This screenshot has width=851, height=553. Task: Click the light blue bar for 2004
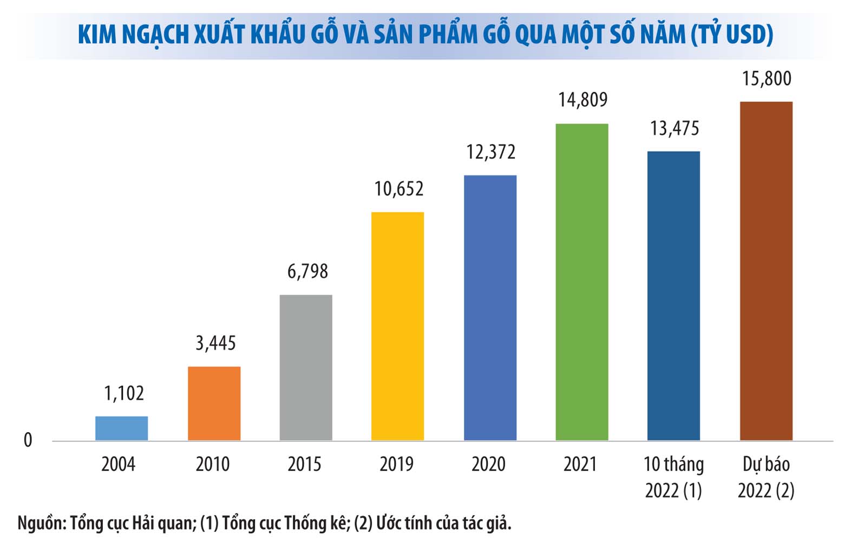pos(121,428)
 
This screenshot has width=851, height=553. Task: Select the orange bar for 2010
pos(214,403)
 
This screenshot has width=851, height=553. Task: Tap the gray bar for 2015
pos(306,367)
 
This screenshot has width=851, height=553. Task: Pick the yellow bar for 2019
pos(397,326)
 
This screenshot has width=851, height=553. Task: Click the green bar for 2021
pos(581,282)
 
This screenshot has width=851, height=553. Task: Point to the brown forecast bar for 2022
pos(765,271)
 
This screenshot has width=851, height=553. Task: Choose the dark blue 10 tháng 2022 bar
pos(673,295)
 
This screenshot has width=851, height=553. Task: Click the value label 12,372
pos(490,152)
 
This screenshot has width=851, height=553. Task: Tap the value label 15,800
pos(766,79)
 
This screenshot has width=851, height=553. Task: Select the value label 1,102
pos(124,393)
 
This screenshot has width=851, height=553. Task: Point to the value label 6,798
pos(307,271)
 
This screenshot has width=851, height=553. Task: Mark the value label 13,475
pos(675,128)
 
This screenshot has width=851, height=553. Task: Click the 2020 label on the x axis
pos(488,464)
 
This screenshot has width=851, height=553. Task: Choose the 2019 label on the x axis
pos(396,464)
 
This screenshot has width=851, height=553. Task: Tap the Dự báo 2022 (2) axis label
pos(766,477)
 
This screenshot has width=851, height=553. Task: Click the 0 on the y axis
pos(28,440)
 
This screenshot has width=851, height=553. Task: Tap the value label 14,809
pos(582,100)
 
